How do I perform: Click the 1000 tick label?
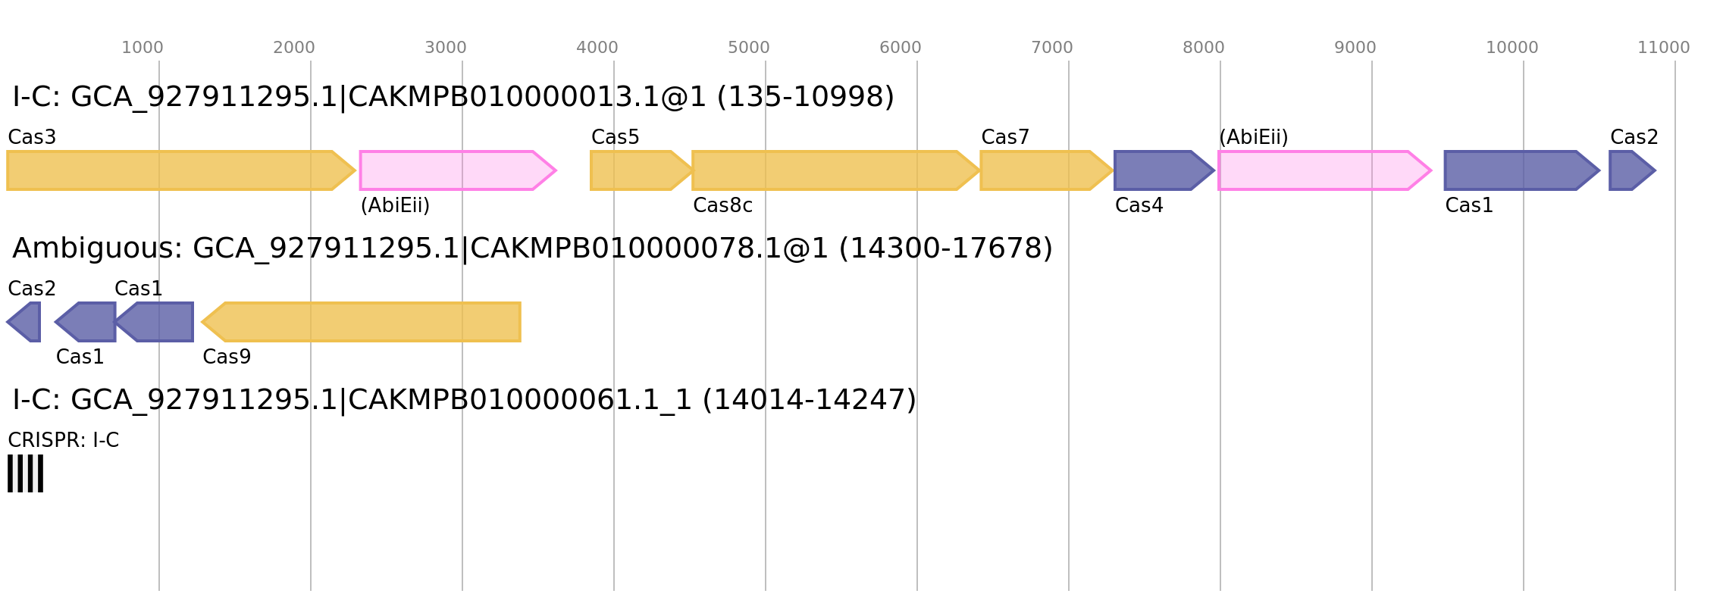click(142, 48)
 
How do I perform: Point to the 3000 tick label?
click(445, 48)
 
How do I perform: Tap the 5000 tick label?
click(748, 48)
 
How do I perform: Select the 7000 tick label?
click(1051, 48)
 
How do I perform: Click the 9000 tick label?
click(1355, 48)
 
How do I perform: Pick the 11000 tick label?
click(1663, 48)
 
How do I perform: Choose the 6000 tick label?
click(900, 48)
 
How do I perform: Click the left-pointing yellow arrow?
click(364, 322)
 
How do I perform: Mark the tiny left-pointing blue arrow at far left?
click(26, 322)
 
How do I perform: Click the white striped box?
click(26, 473)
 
